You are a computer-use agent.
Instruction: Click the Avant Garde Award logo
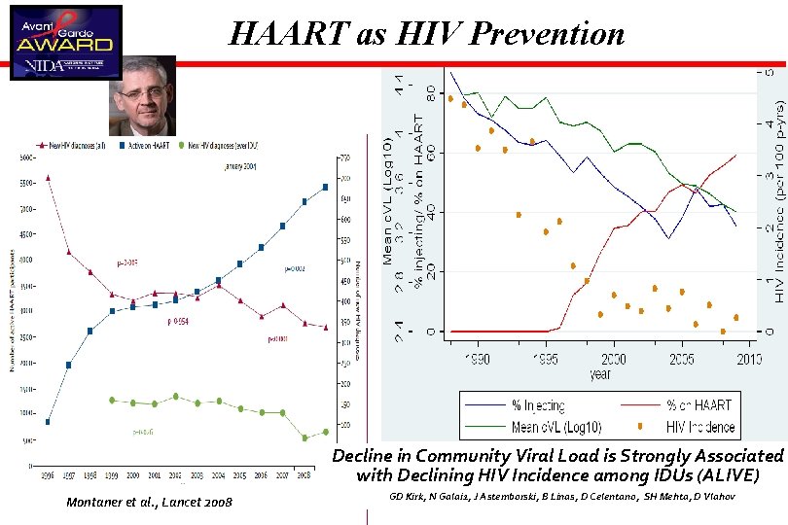pos(65,42)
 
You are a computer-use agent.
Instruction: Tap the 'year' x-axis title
pos(600,373)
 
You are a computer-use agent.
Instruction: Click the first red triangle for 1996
pos(48,178)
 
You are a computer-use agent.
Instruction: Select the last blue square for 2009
pos(325,187)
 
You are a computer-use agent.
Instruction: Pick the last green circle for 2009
pos(325,432)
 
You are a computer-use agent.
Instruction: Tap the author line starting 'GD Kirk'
pos(562,497)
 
